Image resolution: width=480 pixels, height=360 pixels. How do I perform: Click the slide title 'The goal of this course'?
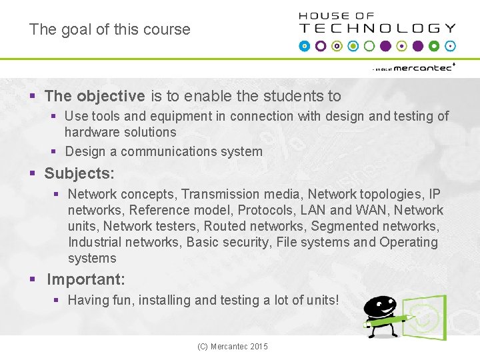click(x=109, y=29)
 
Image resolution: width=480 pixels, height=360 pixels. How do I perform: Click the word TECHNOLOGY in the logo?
click(x=377, y=29)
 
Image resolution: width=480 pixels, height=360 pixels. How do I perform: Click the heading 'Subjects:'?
click(x=79, y=173)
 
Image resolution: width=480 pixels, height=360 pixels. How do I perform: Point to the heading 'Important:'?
click(x=86, y=279)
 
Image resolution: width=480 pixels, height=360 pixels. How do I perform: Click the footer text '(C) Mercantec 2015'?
click(x=233, y=347)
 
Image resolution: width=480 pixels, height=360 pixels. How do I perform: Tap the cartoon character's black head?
click(x=379, y=307)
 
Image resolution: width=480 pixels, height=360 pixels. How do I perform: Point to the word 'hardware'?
click(x=92, y=132)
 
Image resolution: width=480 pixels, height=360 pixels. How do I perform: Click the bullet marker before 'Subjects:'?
click(x=32, y=174)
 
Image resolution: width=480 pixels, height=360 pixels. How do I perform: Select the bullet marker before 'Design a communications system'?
click(x=55, y=152)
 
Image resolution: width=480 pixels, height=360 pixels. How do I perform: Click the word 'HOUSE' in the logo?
click(x=323, y=16)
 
